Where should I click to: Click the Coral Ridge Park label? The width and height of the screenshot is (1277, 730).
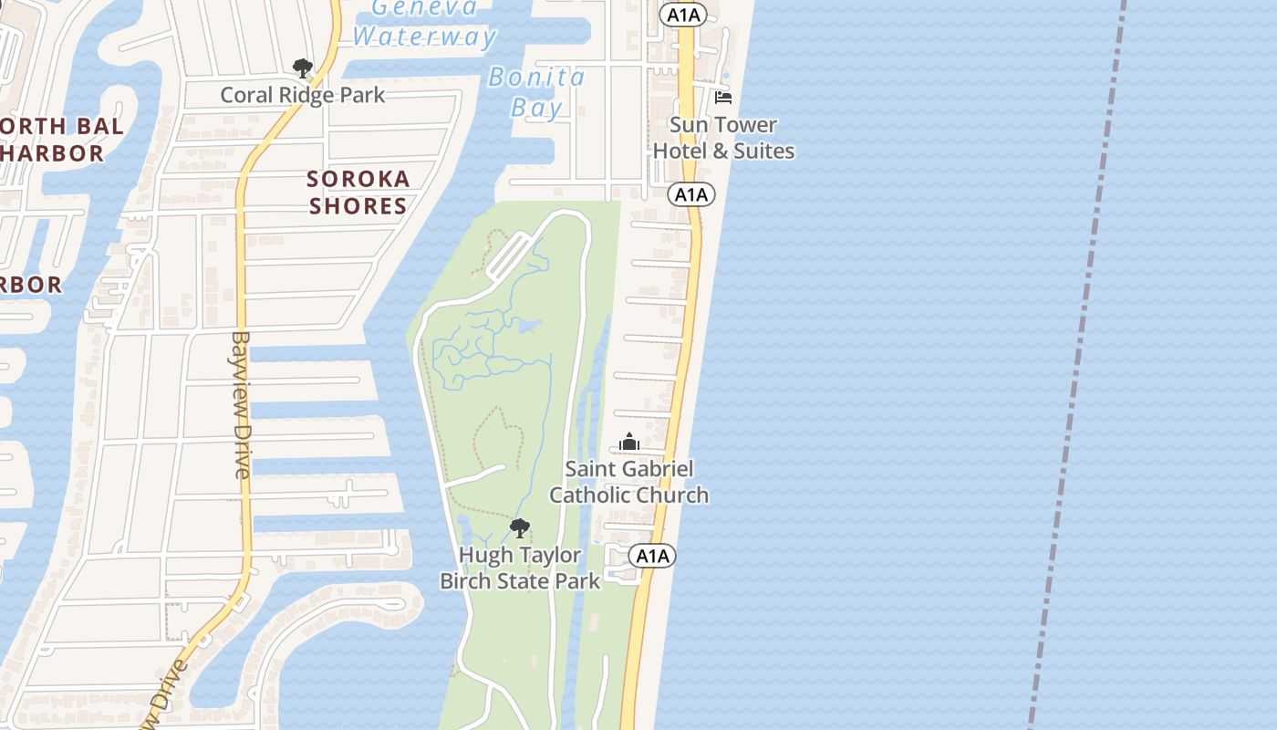pos(303,95)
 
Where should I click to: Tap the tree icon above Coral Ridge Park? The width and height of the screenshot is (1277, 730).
pos(302,68)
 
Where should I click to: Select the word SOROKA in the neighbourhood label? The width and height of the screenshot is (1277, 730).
pos(358,179)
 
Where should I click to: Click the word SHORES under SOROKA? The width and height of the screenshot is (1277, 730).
pos(358,206)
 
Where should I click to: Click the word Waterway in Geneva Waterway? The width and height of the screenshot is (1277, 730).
pos(424,37)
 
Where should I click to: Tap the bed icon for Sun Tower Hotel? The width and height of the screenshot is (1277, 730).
pos(723,98)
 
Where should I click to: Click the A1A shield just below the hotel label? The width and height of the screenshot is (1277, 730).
pos(691,194)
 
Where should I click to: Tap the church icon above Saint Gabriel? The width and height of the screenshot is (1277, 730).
pos(628,443)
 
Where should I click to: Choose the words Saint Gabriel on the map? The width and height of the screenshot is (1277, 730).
pos(628,469)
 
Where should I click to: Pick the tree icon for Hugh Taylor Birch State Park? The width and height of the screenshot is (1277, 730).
pos(519,527)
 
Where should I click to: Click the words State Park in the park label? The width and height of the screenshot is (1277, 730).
pos(555,581)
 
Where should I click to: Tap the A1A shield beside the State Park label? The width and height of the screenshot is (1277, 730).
pos(651,556)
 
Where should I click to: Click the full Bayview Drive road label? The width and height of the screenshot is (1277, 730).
pos(241,403)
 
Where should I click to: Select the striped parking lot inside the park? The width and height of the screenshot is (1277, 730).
pos(507,256)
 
